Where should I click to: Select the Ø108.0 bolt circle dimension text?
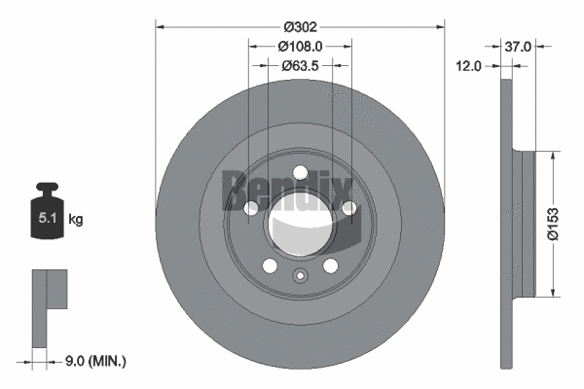pos(300,45)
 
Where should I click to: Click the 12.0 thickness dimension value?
pos(471,65)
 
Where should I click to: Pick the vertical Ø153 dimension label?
pos(552,222)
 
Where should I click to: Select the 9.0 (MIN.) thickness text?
pos(93,361)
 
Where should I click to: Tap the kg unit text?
pos(76,220)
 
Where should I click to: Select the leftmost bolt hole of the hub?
pos(251,208)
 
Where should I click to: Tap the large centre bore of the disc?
pos(300,225)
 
